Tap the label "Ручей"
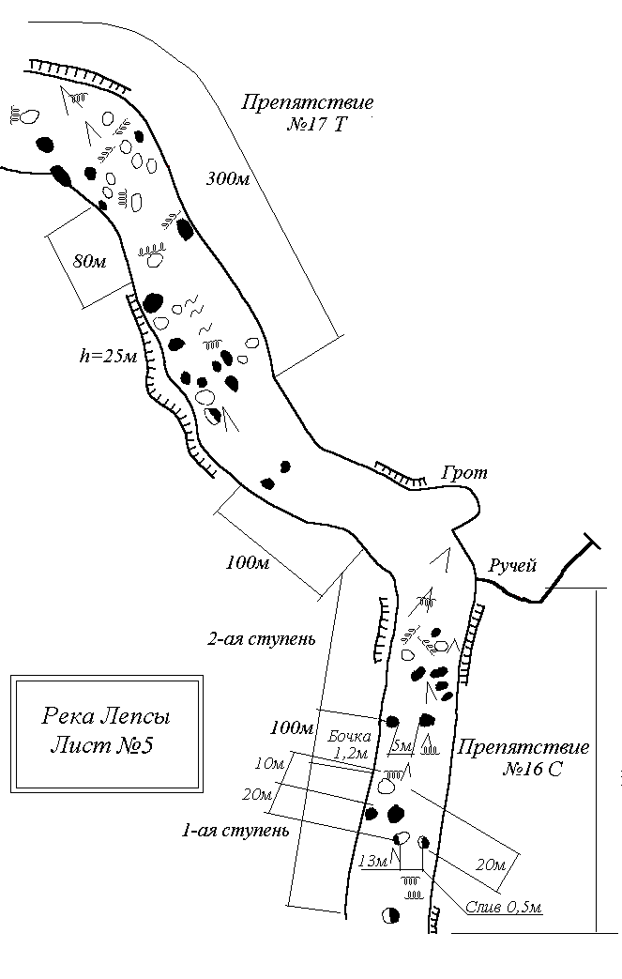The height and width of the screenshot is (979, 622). click(x=511, y=565)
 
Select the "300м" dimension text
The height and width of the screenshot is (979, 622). click(x=227, y=179)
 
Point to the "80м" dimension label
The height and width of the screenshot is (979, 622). click(x=89, y=261)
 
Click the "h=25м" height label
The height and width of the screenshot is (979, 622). click(x=109, y=357)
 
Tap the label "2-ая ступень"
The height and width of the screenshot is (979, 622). click(x=260, y=640)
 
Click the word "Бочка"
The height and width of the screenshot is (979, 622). click(x=351, y=736)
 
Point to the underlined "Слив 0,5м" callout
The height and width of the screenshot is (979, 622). click(x=505, y=907)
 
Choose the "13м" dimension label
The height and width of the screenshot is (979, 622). click(x=372, y=862)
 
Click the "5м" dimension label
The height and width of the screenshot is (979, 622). click(x=401, y=746)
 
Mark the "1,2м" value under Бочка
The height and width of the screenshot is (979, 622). click(x=352, y=753)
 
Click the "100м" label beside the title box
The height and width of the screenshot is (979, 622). click(x=290, y=727)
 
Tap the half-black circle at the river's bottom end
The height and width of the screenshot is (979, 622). click(x=390, y=915)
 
